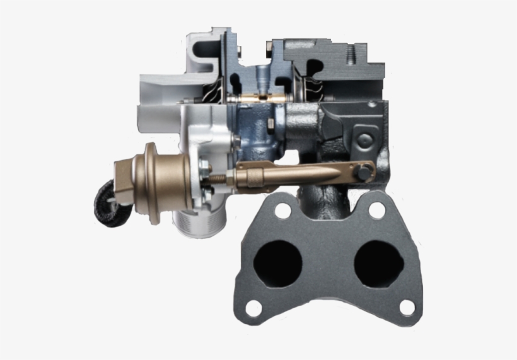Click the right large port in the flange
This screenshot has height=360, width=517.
coord(378,262)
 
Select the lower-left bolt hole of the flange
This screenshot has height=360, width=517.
coord(253,308)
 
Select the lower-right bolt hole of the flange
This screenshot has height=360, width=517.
coord(407,307)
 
